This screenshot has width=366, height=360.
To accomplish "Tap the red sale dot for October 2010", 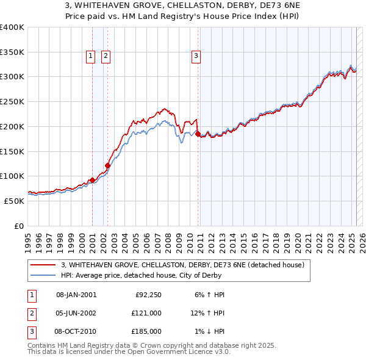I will pyautogui.click(x=198, y=132).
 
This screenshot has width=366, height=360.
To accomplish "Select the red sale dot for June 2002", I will pyautogui.click(x=107, y=165).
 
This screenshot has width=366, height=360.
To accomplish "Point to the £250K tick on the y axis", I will pyautogui.click(x=13, y=102).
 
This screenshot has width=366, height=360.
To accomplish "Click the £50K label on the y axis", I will pyautogui.click(x=15, y=201).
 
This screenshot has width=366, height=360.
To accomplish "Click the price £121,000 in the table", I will pyautogui.click(x=147, y=313).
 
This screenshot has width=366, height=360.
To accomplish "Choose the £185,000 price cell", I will pyautogui.click(x=147, y=331).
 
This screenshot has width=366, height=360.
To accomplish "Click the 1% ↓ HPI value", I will pyautogui.click(x=209, y=331).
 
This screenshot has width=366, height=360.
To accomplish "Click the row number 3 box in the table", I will pyautogui.click(x=30, y=331).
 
